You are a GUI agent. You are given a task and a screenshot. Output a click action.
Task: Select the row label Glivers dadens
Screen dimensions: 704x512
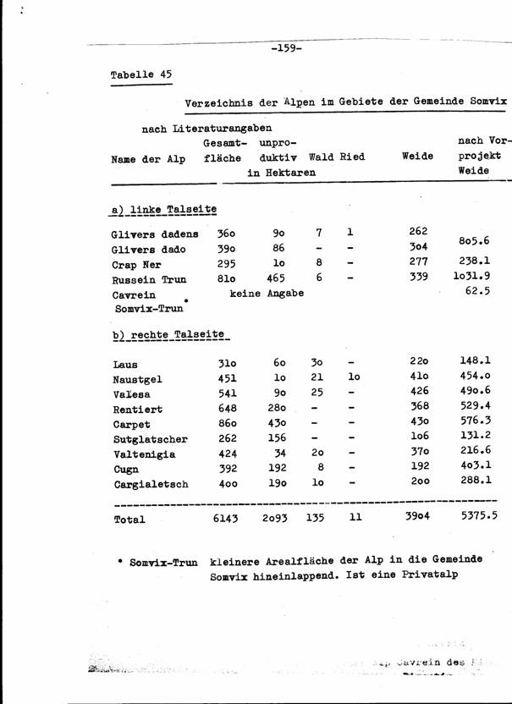coord(155,234)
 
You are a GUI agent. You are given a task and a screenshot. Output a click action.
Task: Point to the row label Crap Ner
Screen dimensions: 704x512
coord(136,264)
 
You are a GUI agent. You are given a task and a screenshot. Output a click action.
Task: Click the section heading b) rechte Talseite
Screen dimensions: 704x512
coord(169,335)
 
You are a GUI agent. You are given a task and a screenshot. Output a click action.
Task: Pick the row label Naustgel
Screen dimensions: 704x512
coord(140,380)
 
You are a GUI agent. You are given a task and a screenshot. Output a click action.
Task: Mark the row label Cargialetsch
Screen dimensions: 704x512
coord(150,485)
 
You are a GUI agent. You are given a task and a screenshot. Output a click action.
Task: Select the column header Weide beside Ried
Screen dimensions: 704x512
coord(417,157)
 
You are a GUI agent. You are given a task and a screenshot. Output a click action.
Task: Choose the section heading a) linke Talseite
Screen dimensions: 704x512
coord(163,209)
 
